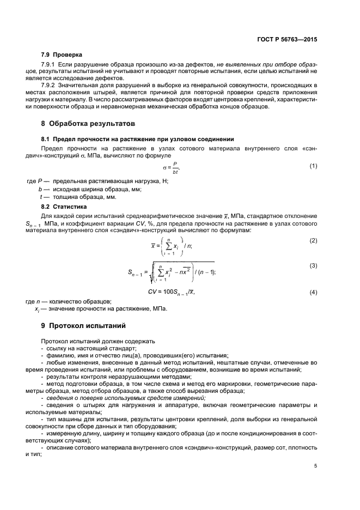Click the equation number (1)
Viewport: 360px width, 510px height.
313,166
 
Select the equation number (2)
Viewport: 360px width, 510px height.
313,224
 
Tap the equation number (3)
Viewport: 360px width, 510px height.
313,265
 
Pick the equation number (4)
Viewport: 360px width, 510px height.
313,293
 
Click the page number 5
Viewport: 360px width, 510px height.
315,466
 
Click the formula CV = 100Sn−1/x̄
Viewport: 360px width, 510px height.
171,293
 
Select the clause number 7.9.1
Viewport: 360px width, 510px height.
51,65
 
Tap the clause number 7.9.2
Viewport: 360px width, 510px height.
51,86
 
